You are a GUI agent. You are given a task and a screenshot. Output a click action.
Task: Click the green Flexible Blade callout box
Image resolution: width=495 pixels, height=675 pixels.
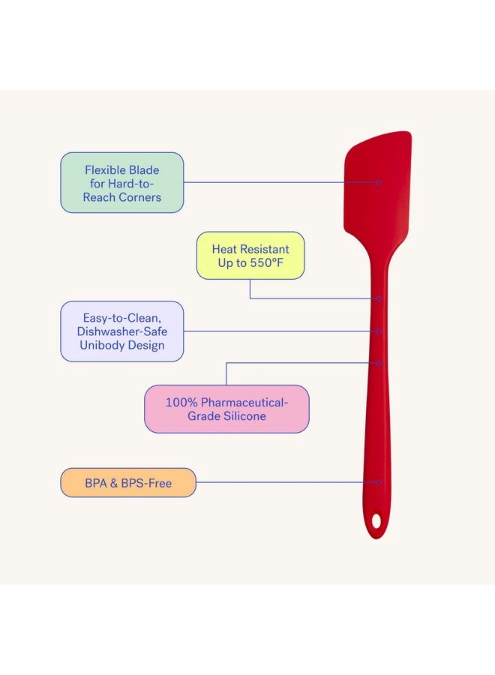coord(121,182)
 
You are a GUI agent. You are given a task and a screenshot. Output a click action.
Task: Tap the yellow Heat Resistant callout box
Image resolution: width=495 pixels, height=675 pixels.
coord(250,256)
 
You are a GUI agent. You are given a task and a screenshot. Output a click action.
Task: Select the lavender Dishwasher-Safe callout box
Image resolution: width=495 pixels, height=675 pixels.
coord(121,331)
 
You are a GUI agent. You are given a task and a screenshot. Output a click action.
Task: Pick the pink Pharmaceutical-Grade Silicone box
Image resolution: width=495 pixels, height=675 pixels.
coord(226,409)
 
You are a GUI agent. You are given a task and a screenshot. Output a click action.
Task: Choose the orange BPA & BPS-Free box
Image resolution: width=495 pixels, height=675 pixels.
coord(128,482)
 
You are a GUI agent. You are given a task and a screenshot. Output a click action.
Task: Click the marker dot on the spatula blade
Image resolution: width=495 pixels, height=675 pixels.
coord(378,182)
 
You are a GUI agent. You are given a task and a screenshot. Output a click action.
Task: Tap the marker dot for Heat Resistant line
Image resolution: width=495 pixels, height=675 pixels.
coord(378,298)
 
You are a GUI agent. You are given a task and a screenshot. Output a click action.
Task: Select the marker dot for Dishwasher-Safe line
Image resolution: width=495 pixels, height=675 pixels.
coord(378,331)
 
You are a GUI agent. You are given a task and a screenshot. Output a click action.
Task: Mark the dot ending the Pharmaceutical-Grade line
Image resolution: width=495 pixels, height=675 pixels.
coord(378,363)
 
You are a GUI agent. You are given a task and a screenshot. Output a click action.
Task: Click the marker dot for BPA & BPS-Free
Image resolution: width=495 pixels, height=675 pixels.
coord(378,482)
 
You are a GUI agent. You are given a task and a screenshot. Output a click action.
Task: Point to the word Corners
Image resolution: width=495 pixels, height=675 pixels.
coord(140,197)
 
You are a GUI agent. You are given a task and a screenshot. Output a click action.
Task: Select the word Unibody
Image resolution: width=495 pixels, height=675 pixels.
coord(100,345)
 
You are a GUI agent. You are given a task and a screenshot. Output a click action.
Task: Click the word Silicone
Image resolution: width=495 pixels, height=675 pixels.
coord(244,415)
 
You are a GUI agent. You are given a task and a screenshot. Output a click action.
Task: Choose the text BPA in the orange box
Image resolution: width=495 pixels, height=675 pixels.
coord(95,484)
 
